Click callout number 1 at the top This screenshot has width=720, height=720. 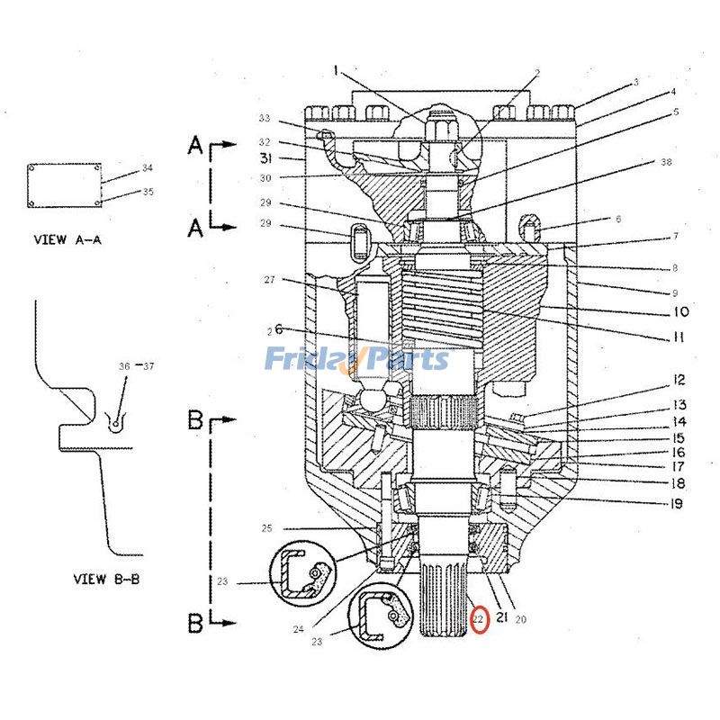pos(335,69)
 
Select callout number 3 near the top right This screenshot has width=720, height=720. pos(635,82)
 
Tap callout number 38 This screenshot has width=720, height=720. pos(666,162)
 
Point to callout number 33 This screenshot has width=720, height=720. pos(265,118)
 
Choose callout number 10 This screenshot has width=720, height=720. pos(679,312)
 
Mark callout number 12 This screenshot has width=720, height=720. pos(679,381)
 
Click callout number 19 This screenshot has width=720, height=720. pos(676,504)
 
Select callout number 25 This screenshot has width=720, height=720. pos(266,527)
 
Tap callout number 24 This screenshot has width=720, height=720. pos(298,629)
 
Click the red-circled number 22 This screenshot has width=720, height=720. pos(479,620)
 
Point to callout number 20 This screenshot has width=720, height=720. pos(521,619)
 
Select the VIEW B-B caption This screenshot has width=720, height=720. pos(106,579)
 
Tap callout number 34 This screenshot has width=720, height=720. pos(148,168)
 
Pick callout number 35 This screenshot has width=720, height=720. pos(148,191)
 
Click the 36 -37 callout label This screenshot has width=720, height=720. pos(137,365)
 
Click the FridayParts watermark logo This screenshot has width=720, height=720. pos(356,359)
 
